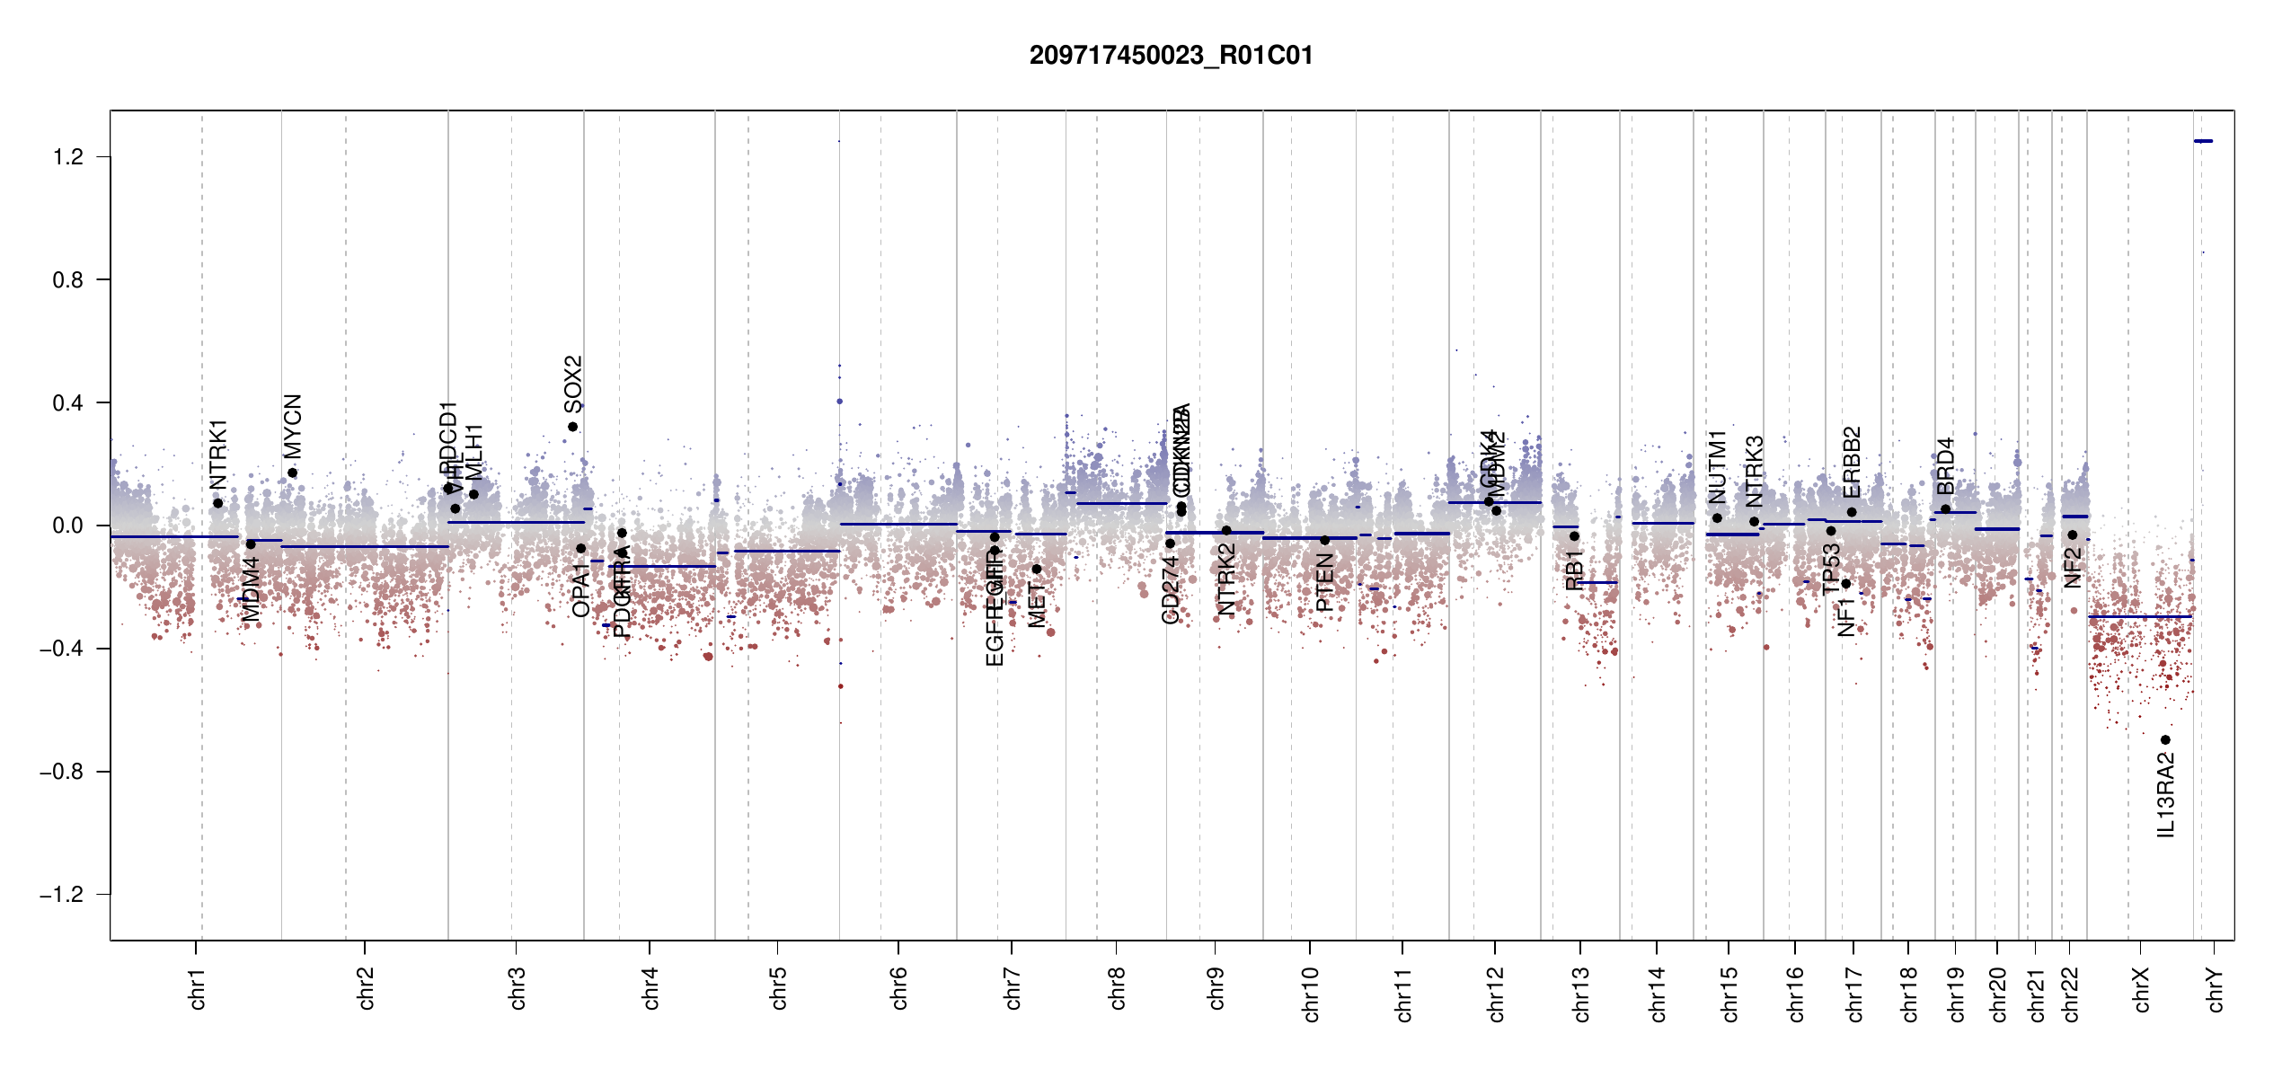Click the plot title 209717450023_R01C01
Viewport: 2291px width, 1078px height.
click(x=1171, y=56)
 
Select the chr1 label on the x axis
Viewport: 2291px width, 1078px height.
click(x=198, y=988)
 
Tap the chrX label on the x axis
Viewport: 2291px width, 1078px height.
click(x=2142, y=989)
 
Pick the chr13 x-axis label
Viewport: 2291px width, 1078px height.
click(x=1581, y=994)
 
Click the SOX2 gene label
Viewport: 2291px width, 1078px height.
click(x=573, y=383)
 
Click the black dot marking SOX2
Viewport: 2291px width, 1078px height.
click(x=572, y=427)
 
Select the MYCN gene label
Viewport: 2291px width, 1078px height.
click(x=293, y=426)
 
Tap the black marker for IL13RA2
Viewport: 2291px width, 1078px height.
click(x=2165, y=740)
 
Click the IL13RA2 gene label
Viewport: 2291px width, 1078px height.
click(x=2166, y=795)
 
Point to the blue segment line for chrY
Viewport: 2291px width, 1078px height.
click(x=2203, y=141)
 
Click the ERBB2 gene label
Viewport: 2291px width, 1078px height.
click(x=1852, y=462)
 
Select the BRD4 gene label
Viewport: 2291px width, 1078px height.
click(x=1945, y=466)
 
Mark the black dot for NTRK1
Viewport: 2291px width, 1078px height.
click(x=217, y=503)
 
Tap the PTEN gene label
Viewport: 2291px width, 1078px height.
click(x=1324, y=582)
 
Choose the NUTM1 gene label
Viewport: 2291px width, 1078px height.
click(x=1717, y=466)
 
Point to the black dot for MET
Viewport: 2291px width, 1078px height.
click(x=1036, y=569)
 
